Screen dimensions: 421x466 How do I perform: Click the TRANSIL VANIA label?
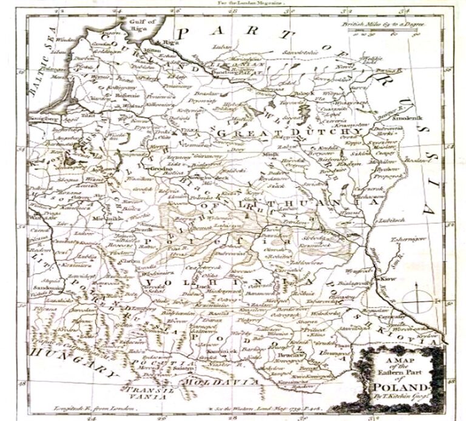point(152,393)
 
